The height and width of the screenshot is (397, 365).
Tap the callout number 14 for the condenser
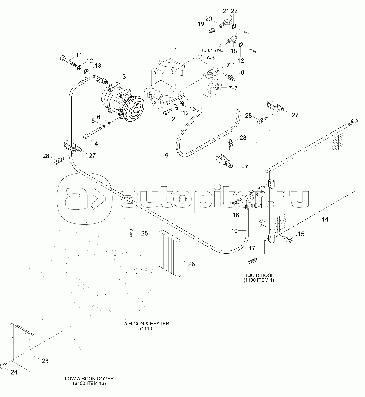pos(325,219)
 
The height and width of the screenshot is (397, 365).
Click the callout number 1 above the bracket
pos(176,49)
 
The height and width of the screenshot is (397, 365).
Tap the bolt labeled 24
pos(4,365)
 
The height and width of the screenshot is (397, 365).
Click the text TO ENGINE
pos(212,50)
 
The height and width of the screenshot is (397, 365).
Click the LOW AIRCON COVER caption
pos(89,378)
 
